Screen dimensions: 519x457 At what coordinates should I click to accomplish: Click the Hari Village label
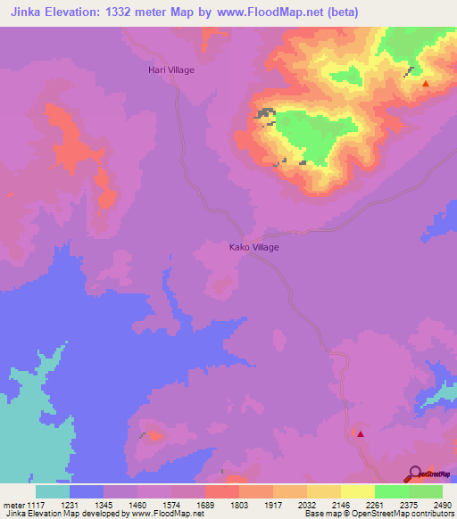pyautogui.click(x=170, y=70)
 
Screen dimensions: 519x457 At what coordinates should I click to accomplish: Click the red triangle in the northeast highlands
pyautogui.click(x=426, y=84)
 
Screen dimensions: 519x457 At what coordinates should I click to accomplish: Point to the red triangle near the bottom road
pyautogui.click(x=361, y=433)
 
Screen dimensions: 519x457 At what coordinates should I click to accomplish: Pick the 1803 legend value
pyautogui.click(x=238, y=505)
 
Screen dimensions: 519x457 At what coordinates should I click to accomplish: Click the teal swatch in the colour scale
pyautogui.click(x=53, y=491)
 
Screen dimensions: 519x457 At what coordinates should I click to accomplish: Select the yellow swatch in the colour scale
pyautogui.click(x=358, y=491)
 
